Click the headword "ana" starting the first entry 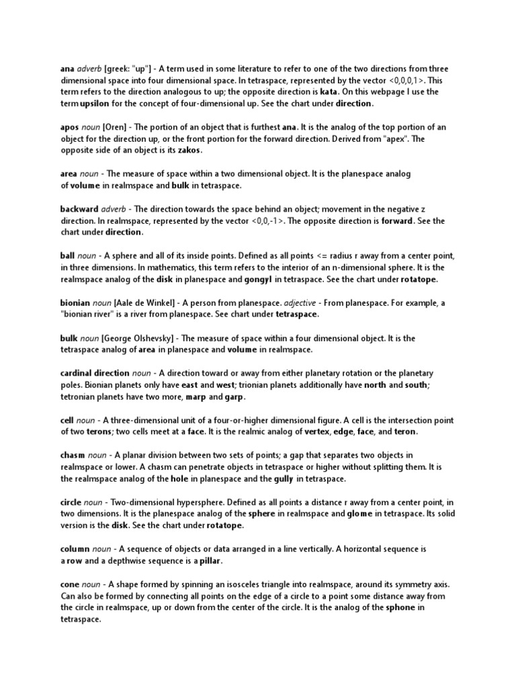pyautogui.click(x=67, y=69)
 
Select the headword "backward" pyautogui.click(x=79, y=208)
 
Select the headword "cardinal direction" pyautogui.click(x=94, y=372)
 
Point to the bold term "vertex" pyautogui.click(x=318, y=431)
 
